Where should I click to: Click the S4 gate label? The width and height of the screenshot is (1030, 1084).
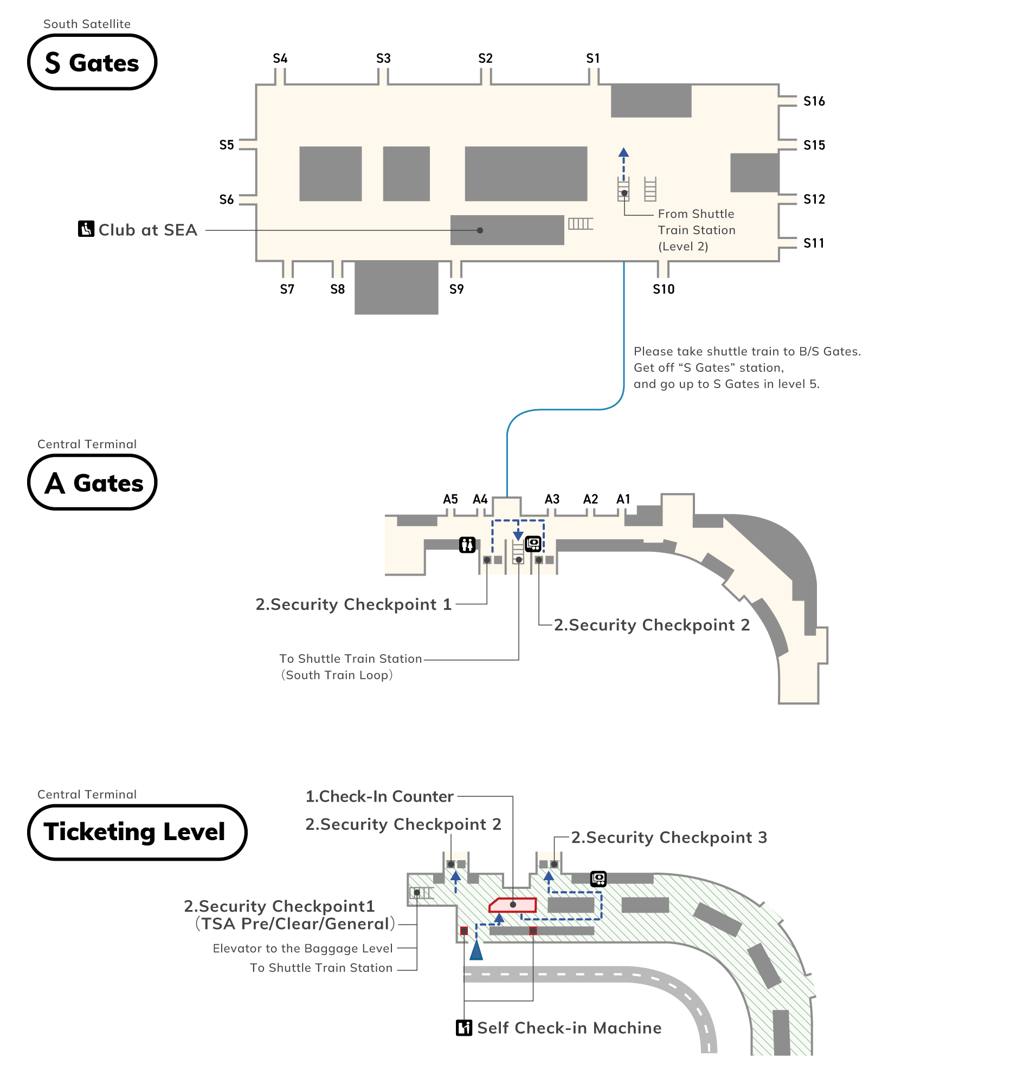point(280,59)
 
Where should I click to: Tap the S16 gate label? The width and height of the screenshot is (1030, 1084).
point(814,101)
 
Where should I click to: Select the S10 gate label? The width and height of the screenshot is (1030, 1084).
point(663,289)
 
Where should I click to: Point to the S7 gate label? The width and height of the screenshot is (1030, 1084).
point(287,289)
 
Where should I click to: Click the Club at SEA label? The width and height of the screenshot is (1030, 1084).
point(147,230)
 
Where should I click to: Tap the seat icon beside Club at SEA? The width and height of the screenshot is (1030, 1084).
point(86,229)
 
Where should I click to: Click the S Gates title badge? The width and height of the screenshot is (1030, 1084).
point(92,62)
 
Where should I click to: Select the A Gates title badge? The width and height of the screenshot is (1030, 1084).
point(92,482)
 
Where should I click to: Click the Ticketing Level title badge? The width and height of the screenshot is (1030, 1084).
point(137,832)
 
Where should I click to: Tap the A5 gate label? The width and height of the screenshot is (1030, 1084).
point(450,500)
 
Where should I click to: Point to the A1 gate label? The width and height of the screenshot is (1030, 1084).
point(623,500)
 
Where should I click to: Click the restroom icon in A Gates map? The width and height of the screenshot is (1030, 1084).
point(467,545)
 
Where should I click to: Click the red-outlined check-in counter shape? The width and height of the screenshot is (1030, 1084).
point(513,905)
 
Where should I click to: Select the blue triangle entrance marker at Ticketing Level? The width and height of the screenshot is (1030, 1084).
point(476,950)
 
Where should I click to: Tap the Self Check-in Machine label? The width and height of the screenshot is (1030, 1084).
point(569,1028)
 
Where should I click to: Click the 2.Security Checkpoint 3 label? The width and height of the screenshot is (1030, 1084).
point(669,837)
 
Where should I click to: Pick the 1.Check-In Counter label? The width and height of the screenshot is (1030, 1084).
point(379,796)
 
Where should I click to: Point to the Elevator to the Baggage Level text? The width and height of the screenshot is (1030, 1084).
point(302,949)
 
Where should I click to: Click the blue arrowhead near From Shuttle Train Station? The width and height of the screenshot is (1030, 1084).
point(623,153)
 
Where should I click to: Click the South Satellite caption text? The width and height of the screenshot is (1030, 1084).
point(87,24)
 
